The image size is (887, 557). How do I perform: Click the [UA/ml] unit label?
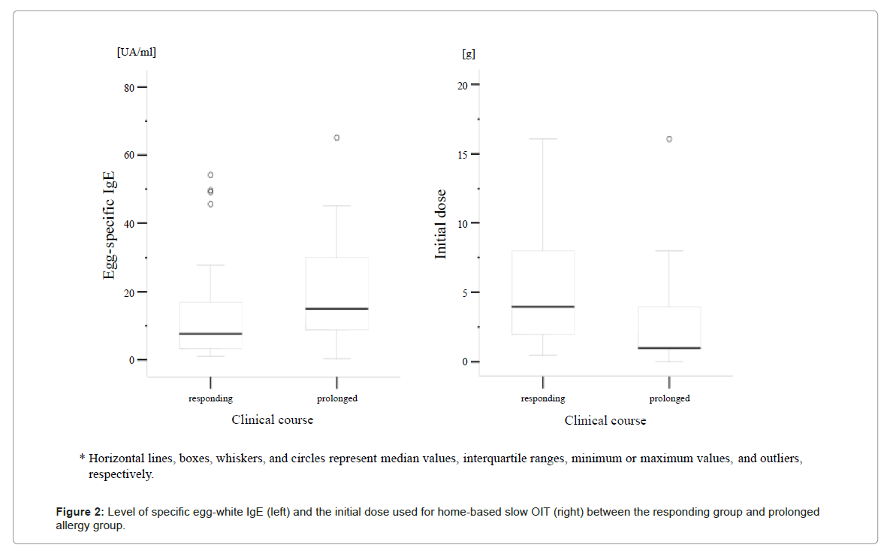[136, 52]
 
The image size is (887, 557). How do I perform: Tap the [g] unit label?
[468, 54]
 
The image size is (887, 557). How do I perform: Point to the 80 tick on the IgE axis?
[129, 88]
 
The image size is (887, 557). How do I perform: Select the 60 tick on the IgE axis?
[129, 156]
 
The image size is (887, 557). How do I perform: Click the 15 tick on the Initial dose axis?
[464, 155]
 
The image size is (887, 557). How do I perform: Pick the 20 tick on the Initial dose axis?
[464, 85]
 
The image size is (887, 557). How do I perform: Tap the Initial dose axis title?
[442, 224]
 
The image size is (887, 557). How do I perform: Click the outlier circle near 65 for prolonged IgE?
[336, 138]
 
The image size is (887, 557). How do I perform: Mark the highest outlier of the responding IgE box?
[210, 175]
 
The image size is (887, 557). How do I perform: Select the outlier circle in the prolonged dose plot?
[669, 139]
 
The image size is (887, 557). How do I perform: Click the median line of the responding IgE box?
[210, 333]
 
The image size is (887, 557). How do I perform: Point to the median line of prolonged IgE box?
[336, 308]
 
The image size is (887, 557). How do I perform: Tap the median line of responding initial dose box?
[543, 307]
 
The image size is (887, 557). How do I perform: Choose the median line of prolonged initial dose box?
[669, 348]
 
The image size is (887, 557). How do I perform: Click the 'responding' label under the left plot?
[210, 398]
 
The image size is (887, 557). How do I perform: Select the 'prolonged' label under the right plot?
[669, 398]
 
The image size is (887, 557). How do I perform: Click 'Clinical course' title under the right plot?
[605, 421]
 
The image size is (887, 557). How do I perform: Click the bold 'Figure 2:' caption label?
[79, 513]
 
